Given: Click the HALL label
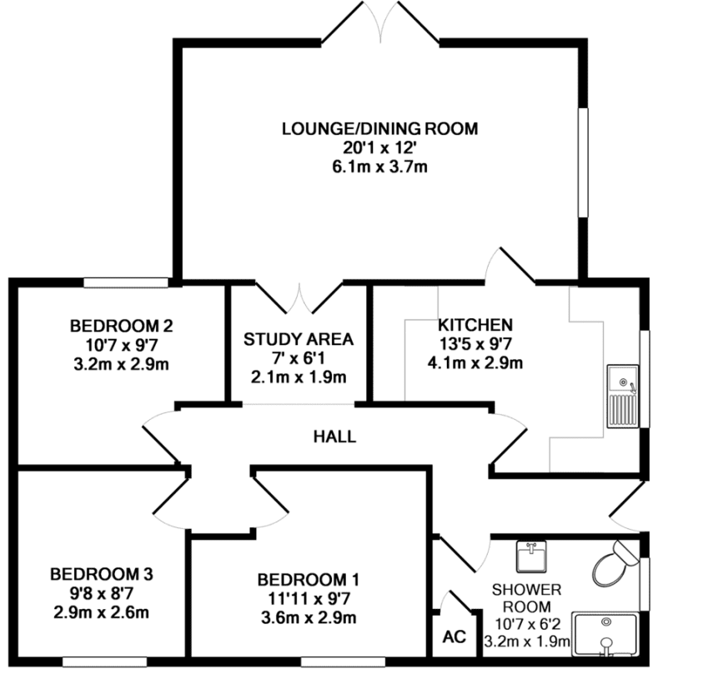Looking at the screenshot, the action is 334,437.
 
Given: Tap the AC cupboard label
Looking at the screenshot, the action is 454,637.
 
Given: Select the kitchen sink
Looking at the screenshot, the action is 622,397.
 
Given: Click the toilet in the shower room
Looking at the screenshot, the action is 614,564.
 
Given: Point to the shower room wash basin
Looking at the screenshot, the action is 531,557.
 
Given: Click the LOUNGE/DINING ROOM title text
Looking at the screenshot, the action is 379,128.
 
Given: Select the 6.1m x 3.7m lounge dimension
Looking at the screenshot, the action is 379,167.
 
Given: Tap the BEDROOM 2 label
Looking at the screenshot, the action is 122,327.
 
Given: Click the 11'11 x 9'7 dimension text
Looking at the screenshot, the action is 309,599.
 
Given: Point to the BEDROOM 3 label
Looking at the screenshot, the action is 102,574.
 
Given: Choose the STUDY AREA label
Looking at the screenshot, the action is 299,339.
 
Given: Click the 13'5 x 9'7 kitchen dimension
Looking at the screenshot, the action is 475,343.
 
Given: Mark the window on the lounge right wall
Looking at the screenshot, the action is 583,162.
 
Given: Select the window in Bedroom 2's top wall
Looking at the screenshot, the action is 126,282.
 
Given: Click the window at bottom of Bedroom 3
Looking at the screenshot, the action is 105,662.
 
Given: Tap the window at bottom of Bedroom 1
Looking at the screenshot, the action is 343,662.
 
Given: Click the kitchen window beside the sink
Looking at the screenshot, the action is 645,379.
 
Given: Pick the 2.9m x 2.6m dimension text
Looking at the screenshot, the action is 101,612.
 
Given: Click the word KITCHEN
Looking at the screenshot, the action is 475,325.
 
